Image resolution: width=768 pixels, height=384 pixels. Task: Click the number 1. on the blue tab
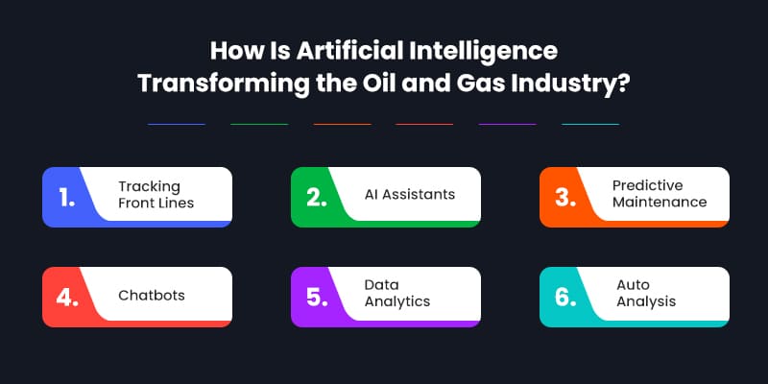click(x=66, y=198)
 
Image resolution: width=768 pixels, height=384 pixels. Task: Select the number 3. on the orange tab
click(x=564, y=198)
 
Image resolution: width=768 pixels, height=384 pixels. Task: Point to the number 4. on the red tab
click(x=67, y=296)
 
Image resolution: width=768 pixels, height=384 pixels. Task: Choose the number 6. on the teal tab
click(x=564, y=296)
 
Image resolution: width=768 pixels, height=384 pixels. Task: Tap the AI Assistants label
click(x=410, y=194)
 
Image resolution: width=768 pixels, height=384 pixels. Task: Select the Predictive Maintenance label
click(x=660, y=194)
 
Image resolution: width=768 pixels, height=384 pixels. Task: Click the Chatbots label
click(x=152, y=294)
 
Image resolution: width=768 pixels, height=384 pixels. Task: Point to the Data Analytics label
click(x=396, y=293)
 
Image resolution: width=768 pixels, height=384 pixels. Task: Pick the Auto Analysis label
click(x=646, y=293)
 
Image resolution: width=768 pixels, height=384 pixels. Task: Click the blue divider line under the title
click(x=177, y=124)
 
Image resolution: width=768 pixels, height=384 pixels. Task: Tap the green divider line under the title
click(x=259, y=124)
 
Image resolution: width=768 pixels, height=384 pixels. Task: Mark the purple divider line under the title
click(x=507, y=124)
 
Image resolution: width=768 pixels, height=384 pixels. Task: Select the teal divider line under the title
click(x=589, y=124)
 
